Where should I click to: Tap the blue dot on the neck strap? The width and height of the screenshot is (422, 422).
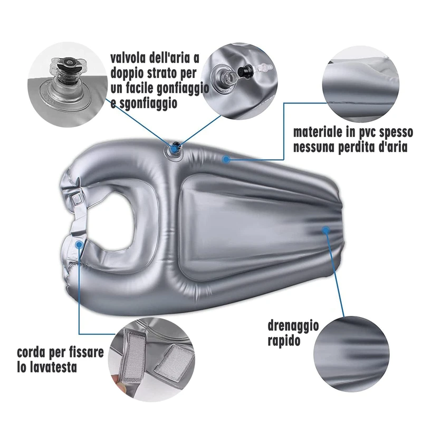[x=79, y=244]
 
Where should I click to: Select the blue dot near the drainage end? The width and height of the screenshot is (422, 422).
[x=326, y=230]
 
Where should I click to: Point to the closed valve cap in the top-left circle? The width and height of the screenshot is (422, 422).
[x=69, y=65]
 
